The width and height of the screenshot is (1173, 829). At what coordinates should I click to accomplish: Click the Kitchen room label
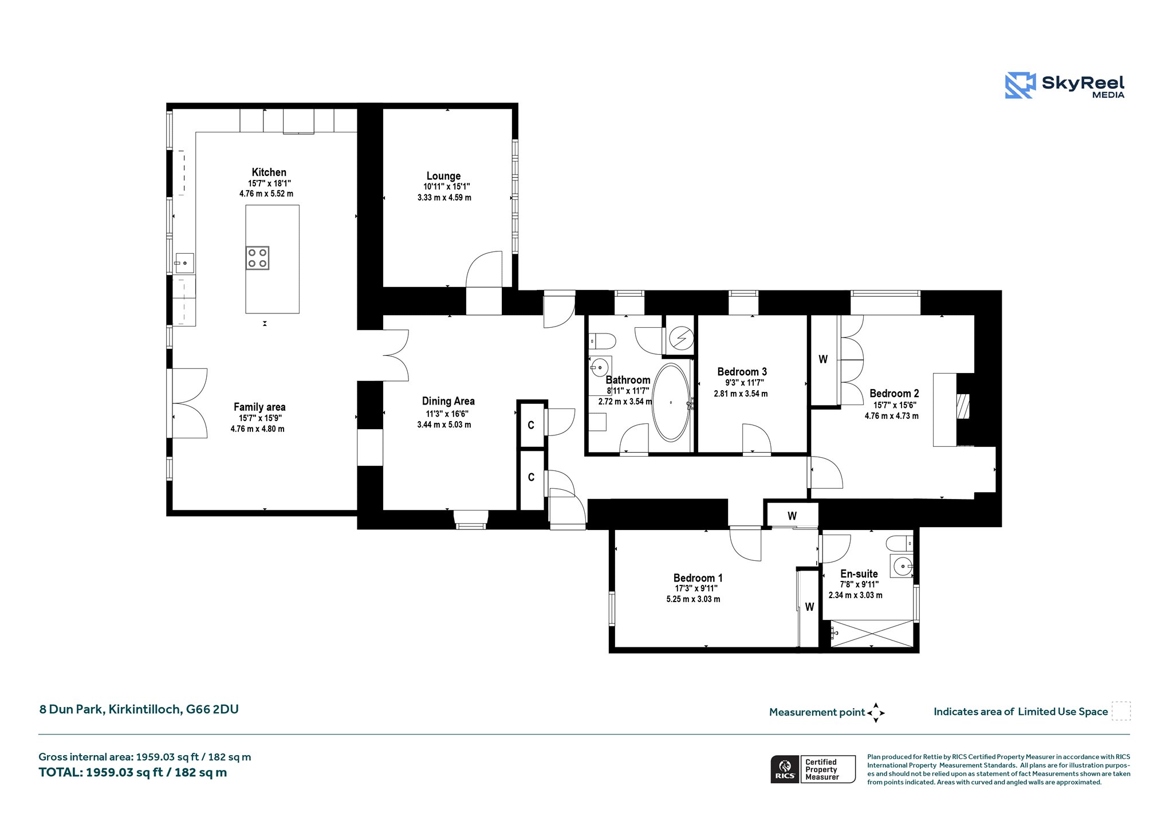tap(269, 172)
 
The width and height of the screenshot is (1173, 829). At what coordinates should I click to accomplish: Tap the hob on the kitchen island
tap(257, 258)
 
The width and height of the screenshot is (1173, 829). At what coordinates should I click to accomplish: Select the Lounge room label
tap(443, 176)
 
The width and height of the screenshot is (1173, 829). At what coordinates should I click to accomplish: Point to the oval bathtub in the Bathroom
tap(671, 402)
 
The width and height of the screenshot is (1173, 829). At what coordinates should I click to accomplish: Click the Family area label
tap(259, 407)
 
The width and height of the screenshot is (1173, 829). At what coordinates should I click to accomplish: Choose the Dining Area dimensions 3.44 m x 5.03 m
tap(444, 425)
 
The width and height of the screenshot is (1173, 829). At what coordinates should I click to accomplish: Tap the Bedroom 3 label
tap(742, 372)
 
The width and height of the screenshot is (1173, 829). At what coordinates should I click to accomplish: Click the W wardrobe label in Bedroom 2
tap(823, 360)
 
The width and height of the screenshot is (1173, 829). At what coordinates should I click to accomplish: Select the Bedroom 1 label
tap(698, 578)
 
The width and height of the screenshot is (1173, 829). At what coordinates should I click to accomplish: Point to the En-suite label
tap(859, 574)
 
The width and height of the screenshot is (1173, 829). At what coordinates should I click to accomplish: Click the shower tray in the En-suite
tap(872, 634)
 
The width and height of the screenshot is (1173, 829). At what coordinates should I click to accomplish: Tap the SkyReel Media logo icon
tap(1020, 85)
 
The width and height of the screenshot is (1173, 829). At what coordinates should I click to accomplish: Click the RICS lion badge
tap(785, 769)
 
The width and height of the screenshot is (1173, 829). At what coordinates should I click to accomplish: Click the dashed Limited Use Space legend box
tap(1121, 711)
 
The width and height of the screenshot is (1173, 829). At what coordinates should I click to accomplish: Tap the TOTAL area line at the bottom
tap(133, 772)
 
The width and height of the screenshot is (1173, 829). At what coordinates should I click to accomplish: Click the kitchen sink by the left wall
tap(184, 263)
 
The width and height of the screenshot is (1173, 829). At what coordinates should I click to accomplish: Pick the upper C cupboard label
tap(531, 425)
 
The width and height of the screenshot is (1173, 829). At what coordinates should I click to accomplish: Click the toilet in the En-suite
tap(899, 542)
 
